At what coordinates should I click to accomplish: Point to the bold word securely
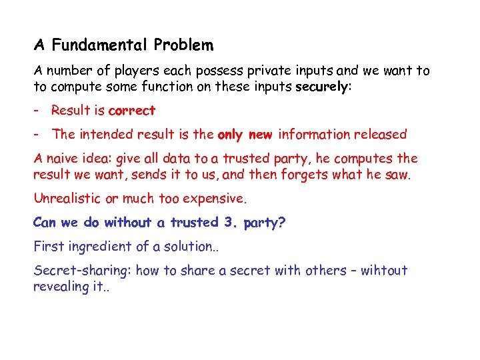(322, 87)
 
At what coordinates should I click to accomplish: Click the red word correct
(131, 111)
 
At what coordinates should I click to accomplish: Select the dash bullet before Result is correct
(37, 111)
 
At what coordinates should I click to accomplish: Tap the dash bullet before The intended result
(37, 135)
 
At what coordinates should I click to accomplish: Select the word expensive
(217, 199)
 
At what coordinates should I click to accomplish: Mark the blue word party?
(265, 223)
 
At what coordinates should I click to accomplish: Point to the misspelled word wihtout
(383, 271)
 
